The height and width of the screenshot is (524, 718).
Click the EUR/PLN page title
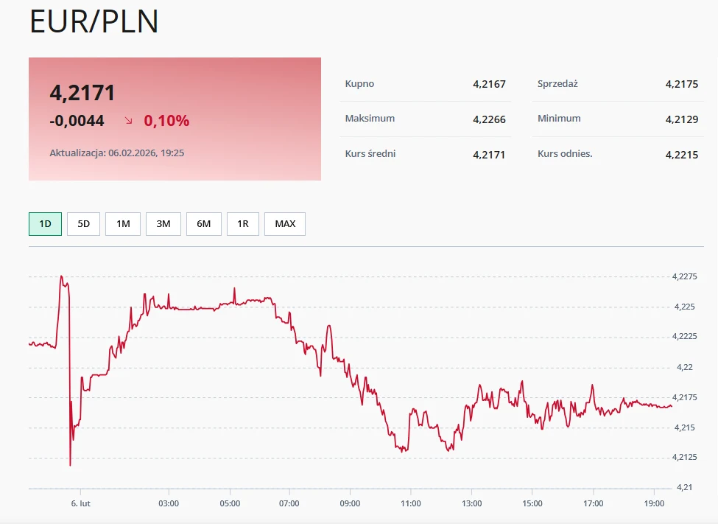click(94, 21)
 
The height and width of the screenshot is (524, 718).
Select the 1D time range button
click(45, 223)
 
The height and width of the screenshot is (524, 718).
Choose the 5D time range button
click(83, 223)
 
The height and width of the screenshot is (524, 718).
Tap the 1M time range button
click(123, 223)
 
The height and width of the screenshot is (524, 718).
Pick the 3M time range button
click(163, 223)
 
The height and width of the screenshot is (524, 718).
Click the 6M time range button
click(204, 223)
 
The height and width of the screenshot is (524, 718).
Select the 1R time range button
click(243, 223)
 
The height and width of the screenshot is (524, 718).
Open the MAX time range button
click(285, 223)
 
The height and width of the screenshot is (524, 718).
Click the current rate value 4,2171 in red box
click(82, 93)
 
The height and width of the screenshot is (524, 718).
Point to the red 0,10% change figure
click(166, 121)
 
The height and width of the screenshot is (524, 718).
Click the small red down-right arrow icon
click(129, 120)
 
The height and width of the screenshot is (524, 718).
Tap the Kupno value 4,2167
click(489, 84)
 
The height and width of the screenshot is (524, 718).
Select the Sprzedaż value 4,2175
click(681, 84)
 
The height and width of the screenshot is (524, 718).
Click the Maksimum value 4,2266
click(489, 119)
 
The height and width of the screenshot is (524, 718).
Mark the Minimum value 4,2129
click(681, 119)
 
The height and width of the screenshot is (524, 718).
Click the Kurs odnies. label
click(565, 154)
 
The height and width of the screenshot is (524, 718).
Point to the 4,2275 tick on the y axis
click(685, 277)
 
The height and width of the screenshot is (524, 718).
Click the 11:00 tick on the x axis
click(410, 503)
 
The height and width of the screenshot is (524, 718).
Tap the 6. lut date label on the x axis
click(80, 503)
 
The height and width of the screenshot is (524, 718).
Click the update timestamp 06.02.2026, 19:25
click(146, 153)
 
